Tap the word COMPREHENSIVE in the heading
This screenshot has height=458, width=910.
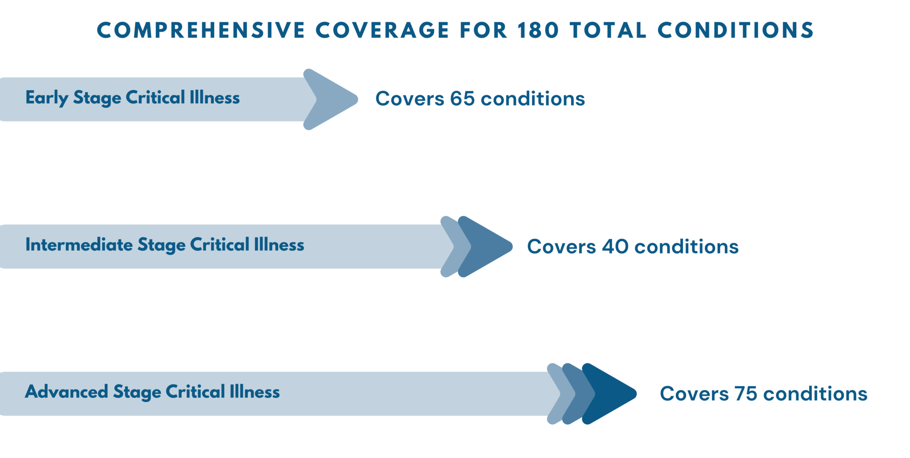pyautogui.click(x=201, y=30)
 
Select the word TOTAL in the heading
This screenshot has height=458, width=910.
pyautogui.click(x=608, y=30)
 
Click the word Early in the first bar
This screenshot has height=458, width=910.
pyautogui.click(x=47, y=98)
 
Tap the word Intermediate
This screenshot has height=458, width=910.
pyautogui.click(x=79, y=245)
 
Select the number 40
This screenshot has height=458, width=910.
pyautogui.click(x=615, y=246)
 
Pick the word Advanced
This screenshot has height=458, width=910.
pyautogui.click(x=66, y=392)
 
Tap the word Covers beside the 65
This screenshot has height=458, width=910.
pyautogui.click(x=410, y=99)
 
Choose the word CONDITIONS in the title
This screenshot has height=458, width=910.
pyautogui.click(x=736, y=30)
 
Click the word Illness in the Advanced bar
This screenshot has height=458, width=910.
pyautogui.click(x=255, y=392)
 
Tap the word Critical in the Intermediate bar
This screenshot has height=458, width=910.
pyautogui.click(x=220, y=245)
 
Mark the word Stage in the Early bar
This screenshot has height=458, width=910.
pyautogui.click(x=97, y=98)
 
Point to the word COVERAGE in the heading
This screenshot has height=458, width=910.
pyautogui.click(x=382, y=30)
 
